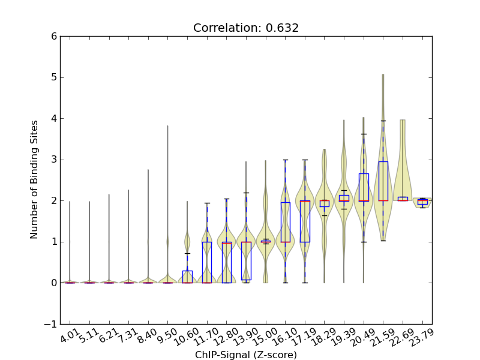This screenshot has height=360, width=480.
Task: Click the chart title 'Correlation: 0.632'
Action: pyautogui.click(x=246, y=28)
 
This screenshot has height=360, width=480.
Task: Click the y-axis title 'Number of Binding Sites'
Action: pyautogui.click(x=34, y=179)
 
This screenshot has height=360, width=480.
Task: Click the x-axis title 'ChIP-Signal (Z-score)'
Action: pyautogui.click(x=246, y=355)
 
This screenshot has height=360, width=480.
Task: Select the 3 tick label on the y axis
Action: pyautogui.click(x=53, y=160)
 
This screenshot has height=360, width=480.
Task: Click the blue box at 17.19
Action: pyautogui.click(x=305, y=221)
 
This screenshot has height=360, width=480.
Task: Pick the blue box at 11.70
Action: pyautogui.click(x=206, y=262)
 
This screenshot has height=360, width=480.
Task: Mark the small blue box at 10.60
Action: pyautogui.click(x=187, y=277)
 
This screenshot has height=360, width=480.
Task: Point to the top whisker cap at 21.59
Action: pyautogui.click(x=383, y=121)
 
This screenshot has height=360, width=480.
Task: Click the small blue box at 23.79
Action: pyautogui.click(x=422, y=202)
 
